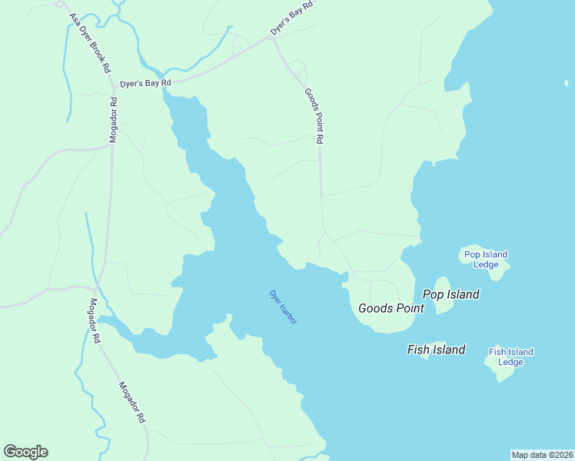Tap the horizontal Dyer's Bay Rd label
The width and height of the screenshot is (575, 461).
coord(145,83)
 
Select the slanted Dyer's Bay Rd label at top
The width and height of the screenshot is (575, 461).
coord(291,18)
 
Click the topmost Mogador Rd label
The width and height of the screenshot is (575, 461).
coord(113,120)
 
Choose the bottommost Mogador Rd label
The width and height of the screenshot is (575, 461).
coord(131,403)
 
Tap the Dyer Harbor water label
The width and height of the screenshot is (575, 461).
coord(283,306)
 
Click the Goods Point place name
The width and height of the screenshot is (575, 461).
coord(391,308)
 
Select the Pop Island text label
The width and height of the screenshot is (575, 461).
coord(450,294)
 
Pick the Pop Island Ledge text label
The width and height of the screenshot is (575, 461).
coord(486,260)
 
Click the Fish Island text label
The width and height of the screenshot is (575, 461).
coord(436,350)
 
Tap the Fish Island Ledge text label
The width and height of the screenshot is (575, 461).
coord(510,357)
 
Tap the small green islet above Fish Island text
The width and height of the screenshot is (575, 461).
coord(437,344)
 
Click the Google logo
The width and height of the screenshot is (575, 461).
coord(25,452)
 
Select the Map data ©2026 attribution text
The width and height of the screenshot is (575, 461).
coord(542,454)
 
